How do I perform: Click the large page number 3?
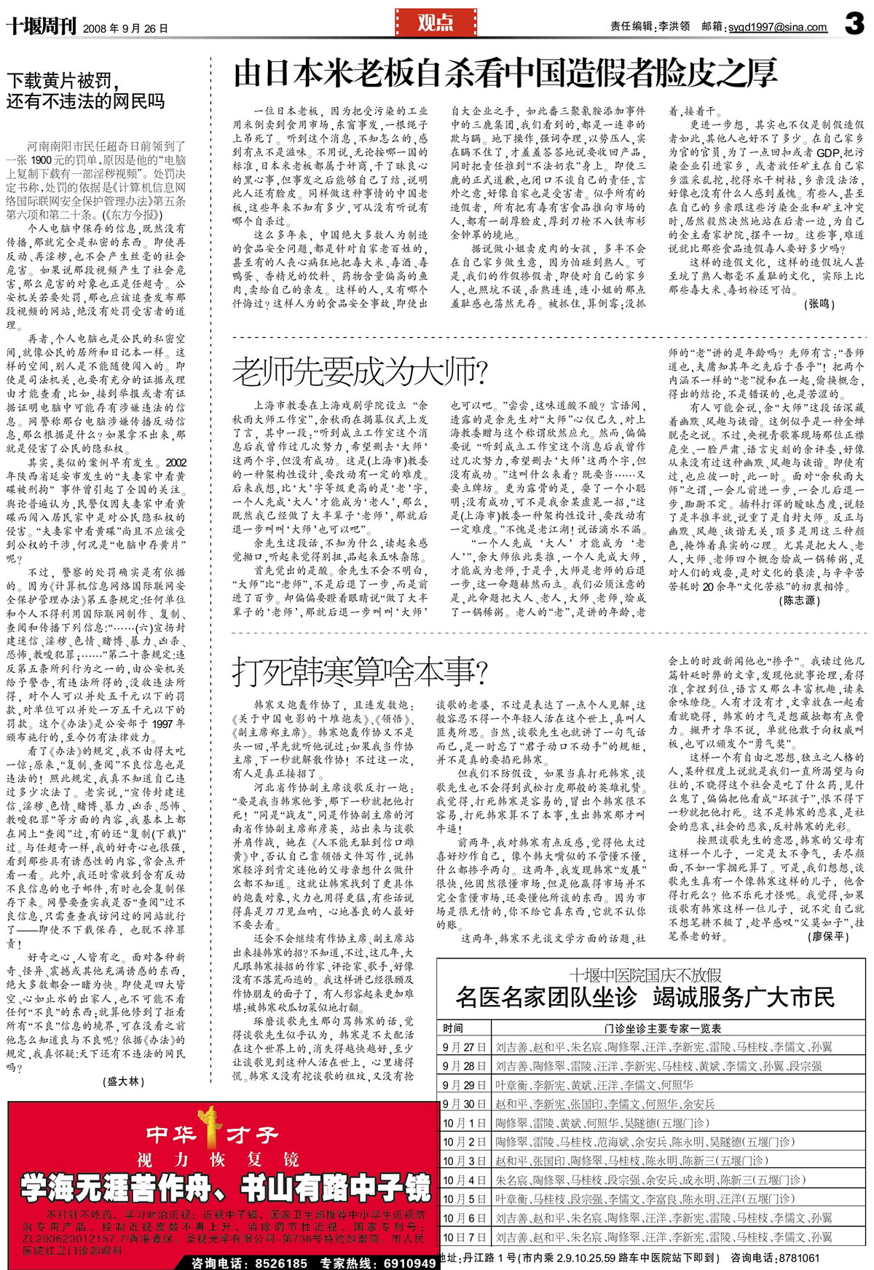click(854, 24)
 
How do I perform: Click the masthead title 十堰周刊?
click(41, 28)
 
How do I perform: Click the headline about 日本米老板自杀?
click(505, 74)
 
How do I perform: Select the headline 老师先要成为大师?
click(360, 371)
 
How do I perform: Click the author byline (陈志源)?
click(800, 600)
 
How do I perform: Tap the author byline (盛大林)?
click(125, 1081)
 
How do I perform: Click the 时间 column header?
click(453, 1028)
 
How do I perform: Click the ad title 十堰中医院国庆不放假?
click(645, 975)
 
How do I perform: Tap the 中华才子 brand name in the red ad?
click(211, 1134)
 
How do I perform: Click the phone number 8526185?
click(280, 1263)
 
